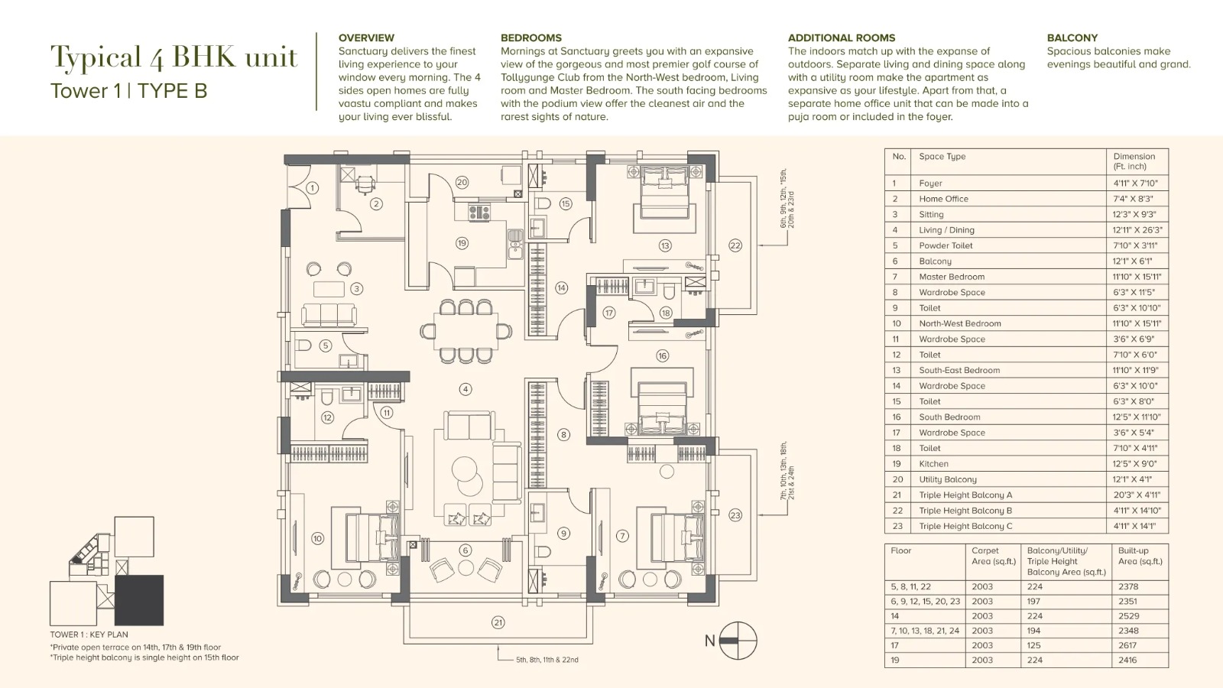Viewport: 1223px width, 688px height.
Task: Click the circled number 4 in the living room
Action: (x=466, y=389)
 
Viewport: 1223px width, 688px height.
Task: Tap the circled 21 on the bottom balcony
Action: (x=498, y=622)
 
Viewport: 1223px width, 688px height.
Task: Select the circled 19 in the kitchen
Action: (x=462, y=243)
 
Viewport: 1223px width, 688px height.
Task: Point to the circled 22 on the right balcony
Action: (x=735, y=245)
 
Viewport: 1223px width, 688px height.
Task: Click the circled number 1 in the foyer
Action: (x=313, y=188)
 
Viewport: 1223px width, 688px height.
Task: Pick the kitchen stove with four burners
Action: (x=479, y=212)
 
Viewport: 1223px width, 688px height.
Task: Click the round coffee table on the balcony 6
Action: (x=466, y=568)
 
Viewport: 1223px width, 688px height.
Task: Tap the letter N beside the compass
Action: (x=709, y=641)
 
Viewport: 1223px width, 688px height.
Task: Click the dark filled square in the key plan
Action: (x=139, y=600)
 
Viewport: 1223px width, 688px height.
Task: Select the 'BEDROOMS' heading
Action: (x=530, y=37)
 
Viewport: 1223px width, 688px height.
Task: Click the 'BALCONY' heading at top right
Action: (x=1072, y=37)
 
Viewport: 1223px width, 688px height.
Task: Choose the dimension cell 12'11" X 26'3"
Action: (x=1137, y=230)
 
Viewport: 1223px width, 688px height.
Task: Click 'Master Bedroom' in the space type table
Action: (x=952, y=277)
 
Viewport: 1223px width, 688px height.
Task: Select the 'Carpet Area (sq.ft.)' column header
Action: (x=994, y=556)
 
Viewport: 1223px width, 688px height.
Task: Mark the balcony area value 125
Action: (x=1034, y=645)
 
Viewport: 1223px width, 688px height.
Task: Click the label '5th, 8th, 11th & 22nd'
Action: (x=547, y=660)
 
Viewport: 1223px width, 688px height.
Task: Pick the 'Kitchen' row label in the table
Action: (x=933, y=463)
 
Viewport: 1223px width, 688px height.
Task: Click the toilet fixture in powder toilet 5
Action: (x=303, y=345)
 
